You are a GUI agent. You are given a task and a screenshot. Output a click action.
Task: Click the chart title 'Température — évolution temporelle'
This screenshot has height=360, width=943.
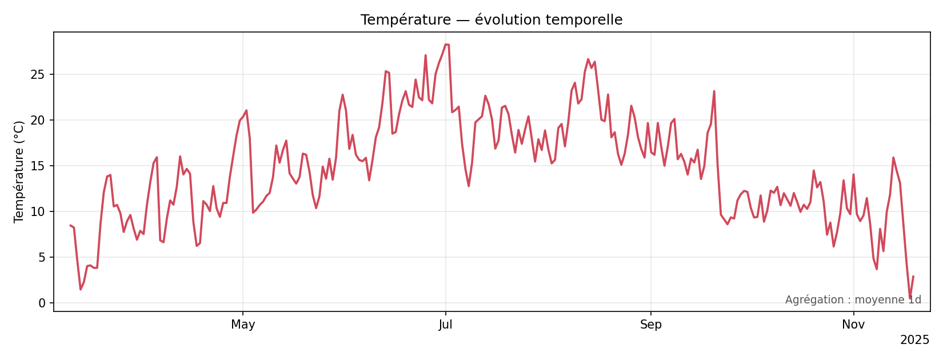click(x=491, y=20)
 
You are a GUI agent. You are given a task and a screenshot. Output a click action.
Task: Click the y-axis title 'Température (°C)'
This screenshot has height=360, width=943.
click(x=19, y=171)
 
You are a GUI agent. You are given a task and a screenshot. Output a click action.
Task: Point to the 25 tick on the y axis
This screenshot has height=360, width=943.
click(x=42, y=74)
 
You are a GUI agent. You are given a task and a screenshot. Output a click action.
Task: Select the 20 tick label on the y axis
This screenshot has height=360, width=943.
click(x=42, y=120)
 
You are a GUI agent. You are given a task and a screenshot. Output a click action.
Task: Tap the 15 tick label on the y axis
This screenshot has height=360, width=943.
click(x=42, y=166)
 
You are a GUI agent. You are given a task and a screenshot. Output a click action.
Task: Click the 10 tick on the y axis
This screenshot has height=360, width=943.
click(x=42, y=211)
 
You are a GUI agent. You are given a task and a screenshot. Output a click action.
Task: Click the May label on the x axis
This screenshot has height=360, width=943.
click(x=243, y=325)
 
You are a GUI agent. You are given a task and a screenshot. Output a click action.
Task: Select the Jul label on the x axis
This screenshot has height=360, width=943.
click(x=445, y=325)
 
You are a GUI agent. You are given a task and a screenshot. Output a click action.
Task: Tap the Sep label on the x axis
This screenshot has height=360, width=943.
click(x=650, y=325)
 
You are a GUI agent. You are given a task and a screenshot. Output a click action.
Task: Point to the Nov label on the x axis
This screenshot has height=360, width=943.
click(x=853, y=325)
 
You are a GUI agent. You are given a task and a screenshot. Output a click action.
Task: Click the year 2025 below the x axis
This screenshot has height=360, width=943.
click(x=914, y=340)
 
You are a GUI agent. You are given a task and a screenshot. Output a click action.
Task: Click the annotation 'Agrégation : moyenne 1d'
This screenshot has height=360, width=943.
click(x=853, y=300)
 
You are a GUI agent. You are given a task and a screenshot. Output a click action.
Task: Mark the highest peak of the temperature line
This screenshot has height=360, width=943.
click(x=446, y=44)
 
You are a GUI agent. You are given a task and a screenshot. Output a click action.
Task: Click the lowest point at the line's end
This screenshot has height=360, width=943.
click(x=910, y=298)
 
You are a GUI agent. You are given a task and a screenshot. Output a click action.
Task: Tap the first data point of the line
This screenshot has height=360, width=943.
click(x=70, y=225)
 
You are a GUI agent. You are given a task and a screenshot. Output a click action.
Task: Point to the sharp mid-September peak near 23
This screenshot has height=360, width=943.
click(x=714, y=91)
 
